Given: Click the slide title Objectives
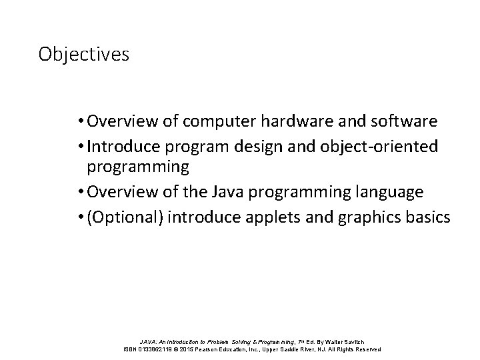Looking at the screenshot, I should [83, 53].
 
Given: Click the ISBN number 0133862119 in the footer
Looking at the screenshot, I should [155, 349].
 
